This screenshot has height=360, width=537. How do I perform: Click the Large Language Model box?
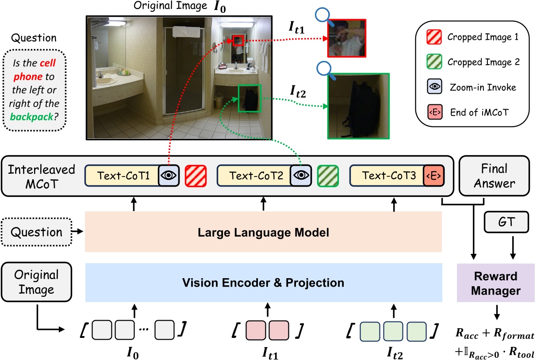[264, 232]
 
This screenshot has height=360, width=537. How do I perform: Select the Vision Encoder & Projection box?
[264, 282]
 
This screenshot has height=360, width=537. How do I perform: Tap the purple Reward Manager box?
[495, 283]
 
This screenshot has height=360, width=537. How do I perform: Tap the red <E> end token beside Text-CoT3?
[434, 175]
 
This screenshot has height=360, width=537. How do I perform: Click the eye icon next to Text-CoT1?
[168, 175]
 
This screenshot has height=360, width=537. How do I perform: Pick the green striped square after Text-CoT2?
[328, 175]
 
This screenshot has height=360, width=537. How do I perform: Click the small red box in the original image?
[238, 41]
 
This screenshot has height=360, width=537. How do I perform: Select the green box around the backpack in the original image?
[249, 99]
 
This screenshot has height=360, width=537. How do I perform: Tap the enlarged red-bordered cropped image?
[347, 38]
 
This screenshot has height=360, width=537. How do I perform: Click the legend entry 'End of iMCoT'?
[477, 113]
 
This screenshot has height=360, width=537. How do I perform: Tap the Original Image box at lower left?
[36, 282]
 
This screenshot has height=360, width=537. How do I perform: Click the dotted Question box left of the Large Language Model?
[36, 232]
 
